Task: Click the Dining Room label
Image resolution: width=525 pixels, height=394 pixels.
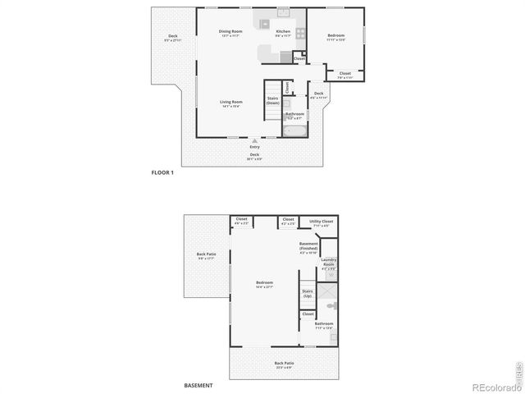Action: (231, 32)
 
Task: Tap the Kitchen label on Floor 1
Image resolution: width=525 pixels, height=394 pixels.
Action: (283, 32)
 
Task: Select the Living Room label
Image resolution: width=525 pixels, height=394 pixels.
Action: (231, 103)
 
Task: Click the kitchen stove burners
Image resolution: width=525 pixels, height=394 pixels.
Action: (302, 34)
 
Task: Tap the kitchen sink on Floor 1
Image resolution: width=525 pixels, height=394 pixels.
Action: (283, 11)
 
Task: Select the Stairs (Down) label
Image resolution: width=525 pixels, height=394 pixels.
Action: (272, 100)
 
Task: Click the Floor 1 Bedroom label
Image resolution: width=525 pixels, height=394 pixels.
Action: (336, 36)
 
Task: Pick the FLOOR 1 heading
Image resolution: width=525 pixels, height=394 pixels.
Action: (162, 172)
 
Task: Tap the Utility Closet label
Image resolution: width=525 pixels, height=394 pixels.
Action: (321, 222)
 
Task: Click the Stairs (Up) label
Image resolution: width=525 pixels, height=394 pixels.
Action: (308, 293)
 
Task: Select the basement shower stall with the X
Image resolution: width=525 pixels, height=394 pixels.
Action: (326, 291)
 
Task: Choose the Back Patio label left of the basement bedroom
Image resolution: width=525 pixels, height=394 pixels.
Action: (205, 255)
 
